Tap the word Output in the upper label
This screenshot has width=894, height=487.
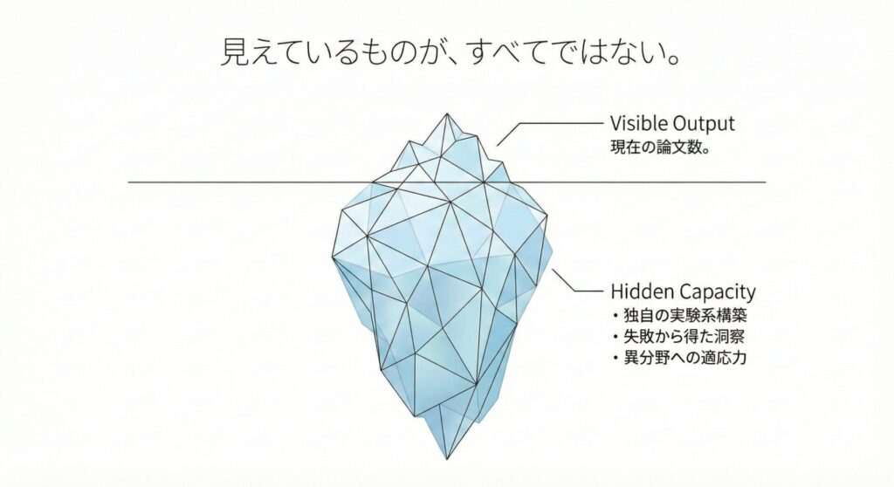tap(705, 124)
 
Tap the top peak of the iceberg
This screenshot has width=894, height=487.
tap(446, 113)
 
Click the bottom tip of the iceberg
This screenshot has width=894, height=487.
tap(448, 460)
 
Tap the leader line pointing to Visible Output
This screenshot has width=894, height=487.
tap(550, 134)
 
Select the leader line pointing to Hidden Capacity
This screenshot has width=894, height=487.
tap(577, 280)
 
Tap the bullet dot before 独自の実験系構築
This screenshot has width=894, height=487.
tap(615, 315)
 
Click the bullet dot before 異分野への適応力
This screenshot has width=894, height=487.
tap(615, 358)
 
